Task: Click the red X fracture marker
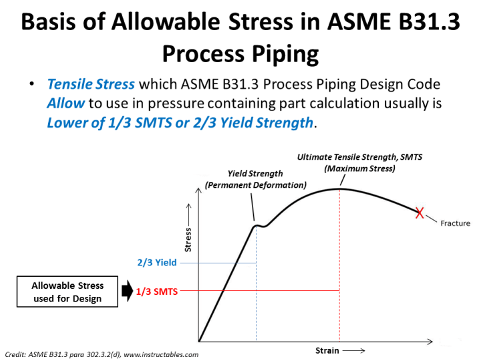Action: (419, 213)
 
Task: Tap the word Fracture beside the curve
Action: (455, 223)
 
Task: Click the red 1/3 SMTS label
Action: (157, 291)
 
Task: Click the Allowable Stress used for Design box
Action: (67, 292)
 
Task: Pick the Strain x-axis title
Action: (327, 350)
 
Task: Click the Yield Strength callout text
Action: (255, 178)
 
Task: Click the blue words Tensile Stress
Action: (91, 85)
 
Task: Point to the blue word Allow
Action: (65, 104)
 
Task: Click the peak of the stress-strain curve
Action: (340, 189)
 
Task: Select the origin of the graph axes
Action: (198, 341)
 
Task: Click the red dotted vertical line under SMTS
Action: (340, 267)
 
